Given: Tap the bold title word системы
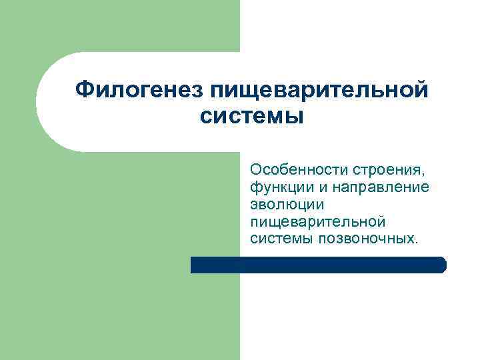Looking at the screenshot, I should click(x=251, y=117).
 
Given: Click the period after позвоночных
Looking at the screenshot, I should click(x=418, y=242).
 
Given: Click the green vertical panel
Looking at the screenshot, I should click(x=120, y=267).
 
